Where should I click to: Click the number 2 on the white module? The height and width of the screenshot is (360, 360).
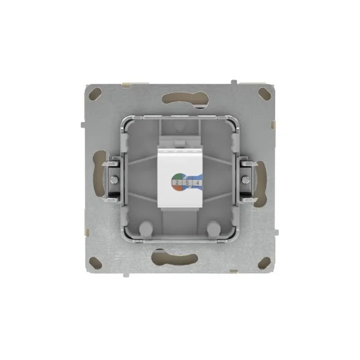click(x=177, y=182)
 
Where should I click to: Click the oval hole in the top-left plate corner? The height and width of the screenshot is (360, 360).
click(x=96, y=94)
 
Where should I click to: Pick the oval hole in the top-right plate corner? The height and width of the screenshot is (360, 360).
click(x=264, y=94)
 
